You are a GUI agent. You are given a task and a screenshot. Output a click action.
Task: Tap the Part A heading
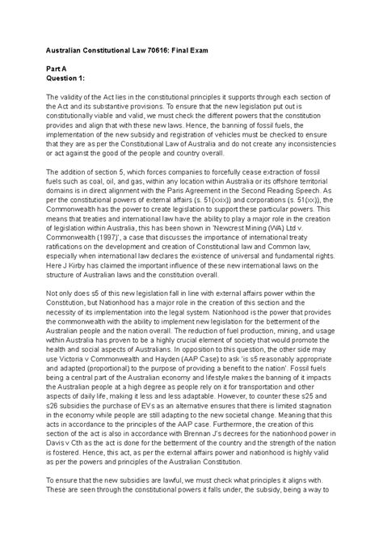coord(57,70)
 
